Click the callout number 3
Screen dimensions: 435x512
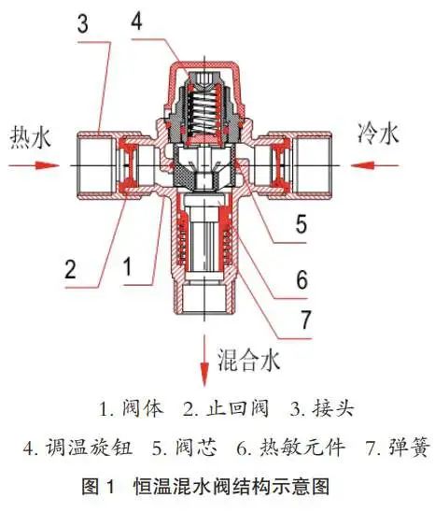click(x=83, y=24)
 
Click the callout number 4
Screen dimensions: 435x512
click(x=136, y=21)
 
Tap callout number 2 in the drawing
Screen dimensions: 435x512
click(x=70, y=269)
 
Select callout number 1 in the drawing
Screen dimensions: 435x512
click(x=128, y=267)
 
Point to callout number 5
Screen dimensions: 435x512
click(x=302, y=224)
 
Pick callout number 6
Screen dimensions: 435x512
click(x=302, y=279)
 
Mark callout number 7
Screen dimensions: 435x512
click(x=306, y=320)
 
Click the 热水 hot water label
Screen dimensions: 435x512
click(x=31, y=137)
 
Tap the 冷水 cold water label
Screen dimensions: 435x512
click(x=378, y=134)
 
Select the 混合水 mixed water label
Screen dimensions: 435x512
click(x=249, y=361)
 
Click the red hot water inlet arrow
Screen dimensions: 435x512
click(x=34, y=165)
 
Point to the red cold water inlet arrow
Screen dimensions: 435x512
click(x=375, y=165)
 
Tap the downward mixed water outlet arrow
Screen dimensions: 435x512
click(x=204, y=360)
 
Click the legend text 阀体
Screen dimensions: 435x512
click(x=143, y=408)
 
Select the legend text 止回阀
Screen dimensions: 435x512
click(x=237, y=408)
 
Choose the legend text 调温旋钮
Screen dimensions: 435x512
click(x=89, y=447)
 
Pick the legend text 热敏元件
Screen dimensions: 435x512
click(x=302, y=447)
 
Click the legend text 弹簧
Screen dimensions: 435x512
click(x=408, y=447)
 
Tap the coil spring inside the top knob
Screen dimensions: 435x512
click(x=204, y=112)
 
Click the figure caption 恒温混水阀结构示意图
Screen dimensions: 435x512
click(x=232, y=487)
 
